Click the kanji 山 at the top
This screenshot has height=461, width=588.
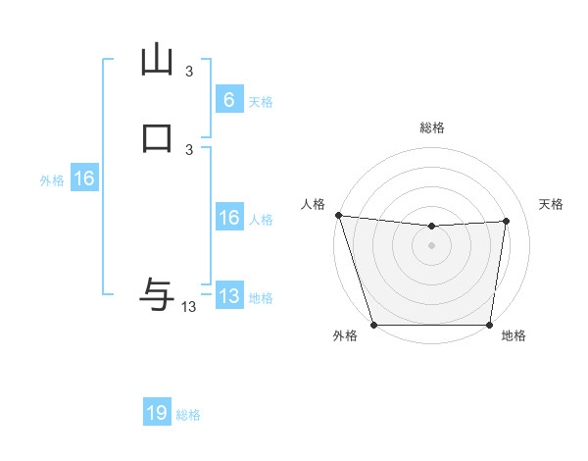(x=157, y=59)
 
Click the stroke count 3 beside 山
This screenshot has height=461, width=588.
(x=189, y=72)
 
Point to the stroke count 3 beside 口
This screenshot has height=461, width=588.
(x=189, y=149)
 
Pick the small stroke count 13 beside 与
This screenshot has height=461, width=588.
(x=189, y=307)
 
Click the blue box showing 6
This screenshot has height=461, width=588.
(x=228, y=99)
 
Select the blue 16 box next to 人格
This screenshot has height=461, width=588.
(x=228, y=218)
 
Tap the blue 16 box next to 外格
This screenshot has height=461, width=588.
(x=84, y=179)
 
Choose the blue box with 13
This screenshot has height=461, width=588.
(x=228, y=296)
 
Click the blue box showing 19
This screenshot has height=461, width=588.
(x=157, y=413)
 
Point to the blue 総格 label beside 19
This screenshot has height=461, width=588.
(x=188, y=415)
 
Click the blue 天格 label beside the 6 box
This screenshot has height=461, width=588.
(x=261, y=101)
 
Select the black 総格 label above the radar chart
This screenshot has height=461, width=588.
(x=431, y=128)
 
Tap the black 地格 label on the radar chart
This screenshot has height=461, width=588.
(x=514, y=335)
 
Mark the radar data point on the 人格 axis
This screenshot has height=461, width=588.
(x=338, y=215)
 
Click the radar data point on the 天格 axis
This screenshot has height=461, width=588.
(x=507, y=221)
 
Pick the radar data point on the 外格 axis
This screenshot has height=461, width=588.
(x=373, y=325)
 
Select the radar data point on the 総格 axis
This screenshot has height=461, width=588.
(x=431, y=227)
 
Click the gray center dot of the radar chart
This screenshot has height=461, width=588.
(x=431, y=245)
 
